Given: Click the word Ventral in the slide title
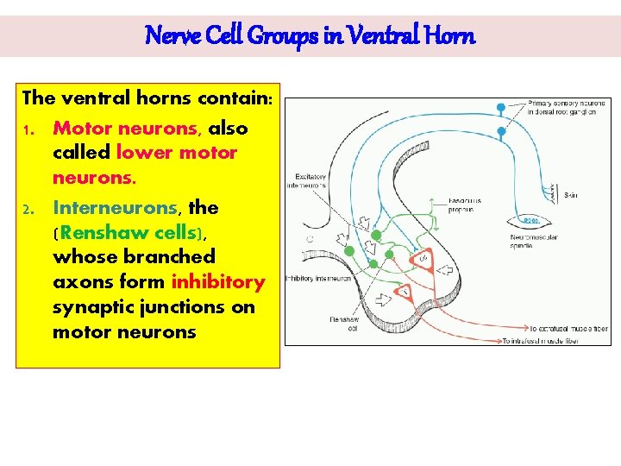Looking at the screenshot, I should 391,36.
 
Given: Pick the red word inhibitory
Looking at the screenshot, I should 218,282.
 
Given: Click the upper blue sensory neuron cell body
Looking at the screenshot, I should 501,109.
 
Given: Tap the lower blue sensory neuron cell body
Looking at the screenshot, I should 501,132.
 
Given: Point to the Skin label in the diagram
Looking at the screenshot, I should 571,195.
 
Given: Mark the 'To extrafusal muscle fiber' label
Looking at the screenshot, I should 568,329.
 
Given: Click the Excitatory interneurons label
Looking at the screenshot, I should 309,180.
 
